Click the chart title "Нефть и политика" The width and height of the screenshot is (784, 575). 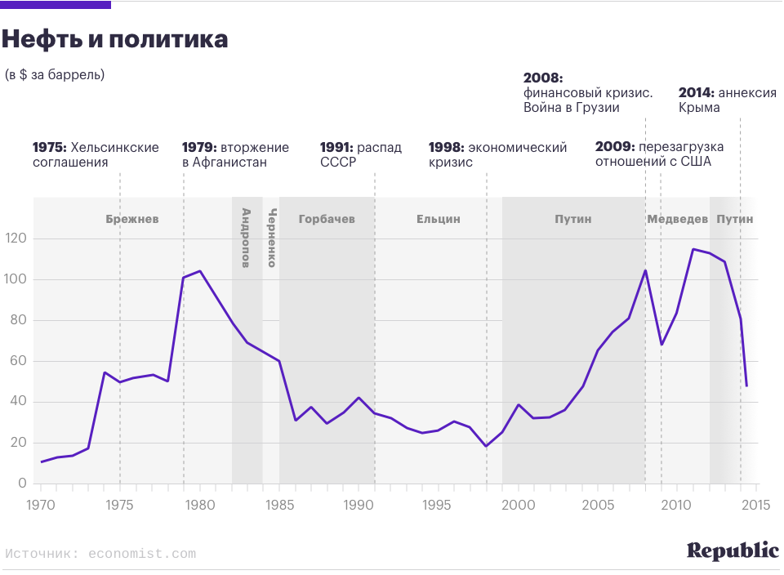click(114, 38)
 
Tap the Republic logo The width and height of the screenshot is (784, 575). click(733, 551)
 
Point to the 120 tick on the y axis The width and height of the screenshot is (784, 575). click(16, 238)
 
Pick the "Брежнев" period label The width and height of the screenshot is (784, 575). click(132, 219)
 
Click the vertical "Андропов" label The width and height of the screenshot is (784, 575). click(246, 238)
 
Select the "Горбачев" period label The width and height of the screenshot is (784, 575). click(327, 219)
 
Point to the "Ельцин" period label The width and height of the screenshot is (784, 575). click(439, 219)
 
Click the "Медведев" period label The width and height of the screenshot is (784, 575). click(677, 219)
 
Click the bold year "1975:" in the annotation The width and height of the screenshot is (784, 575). click(50, 148)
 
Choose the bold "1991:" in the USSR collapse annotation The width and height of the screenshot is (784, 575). click(337, 148)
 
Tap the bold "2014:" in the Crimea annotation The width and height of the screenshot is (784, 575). click(697, 93)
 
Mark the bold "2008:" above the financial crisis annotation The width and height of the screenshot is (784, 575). click(543, 78)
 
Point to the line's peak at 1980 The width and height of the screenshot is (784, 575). click(199, 271)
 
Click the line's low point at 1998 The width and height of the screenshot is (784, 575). click(487, 446)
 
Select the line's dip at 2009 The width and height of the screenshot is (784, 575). click(661, 345)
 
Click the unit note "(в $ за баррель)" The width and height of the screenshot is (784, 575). click(55, 75)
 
